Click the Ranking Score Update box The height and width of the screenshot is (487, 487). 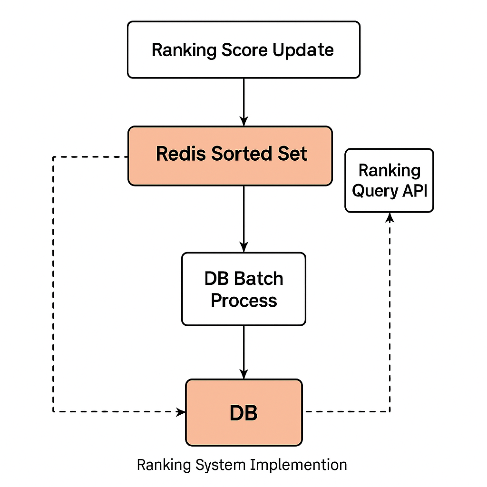tap(243, 49)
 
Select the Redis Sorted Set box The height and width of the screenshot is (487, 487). tap(230, 156)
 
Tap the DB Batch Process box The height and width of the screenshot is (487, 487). tap(243, 289)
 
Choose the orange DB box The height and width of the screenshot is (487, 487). tap(243, 413)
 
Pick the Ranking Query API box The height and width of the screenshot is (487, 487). tap(389, 180)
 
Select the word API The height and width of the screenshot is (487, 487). tap(413, 191)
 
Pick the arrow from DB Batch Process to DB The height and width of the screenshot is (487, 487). tap(243, 352)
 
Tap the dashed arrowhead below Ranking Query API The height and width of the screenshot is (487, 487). tap(390, 217)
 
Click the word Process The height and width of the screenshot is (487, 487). tap(243, 300)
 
